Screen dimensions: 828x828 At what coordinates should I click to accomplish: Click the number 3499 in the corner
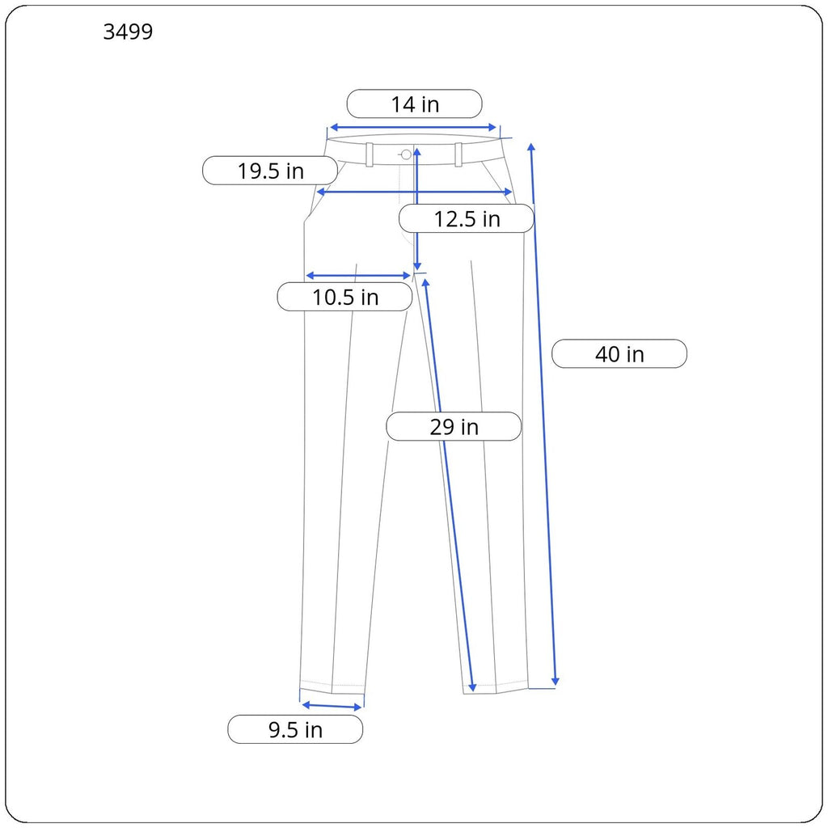pyautogui.click(x=128, y=32)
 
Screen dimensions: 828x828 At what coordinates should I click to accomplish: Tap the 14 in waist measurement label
pyautogui.click(x=415, y=104)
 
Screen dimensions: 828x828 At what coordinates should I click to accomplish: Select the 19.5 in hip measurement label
pyautogui.click(x=270, y=171)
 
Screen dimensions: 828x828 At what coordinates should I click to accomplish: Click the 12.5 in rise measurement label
pyautogui.click(x=467, y=218)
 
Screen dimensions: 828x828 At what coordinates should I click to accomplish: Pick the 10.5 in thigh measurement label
pyautogui.click(x=344, y=297)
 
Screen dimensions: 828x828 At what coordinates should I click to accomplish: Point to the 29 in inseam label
pyautogui.click(x=454, y=427)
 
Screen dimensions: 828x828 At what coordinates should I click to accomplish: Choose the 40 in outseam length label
pyautogui.click(x=619, y=354)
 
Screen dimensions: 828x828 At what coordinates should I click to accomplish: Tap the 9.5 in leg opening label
pyautogui.click(x=295, y=730)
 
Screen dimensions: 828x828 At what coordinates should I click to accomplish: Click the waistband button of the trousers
pyautogui.click(x=406, y=154)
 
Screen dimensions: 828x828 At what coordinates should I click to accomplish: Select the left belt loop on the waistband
pyautogui.click(x=370, y=154)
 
